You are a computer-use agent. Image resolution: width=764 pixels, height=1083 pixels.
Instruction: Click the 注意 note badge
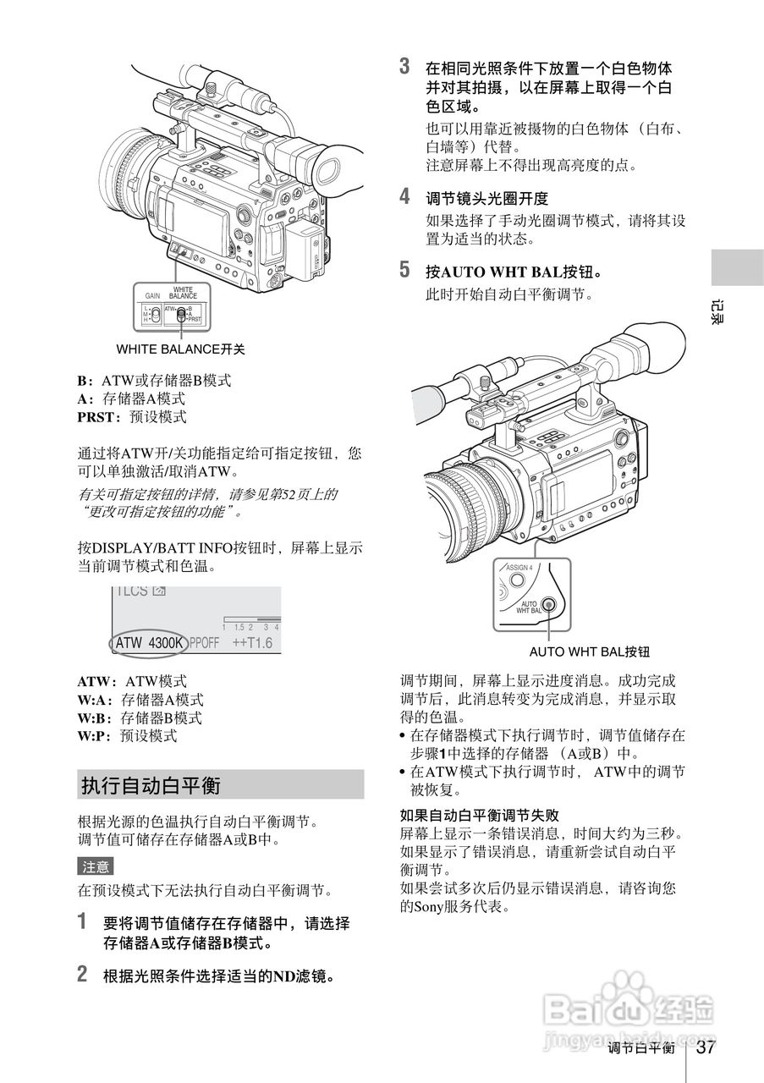pyautogui.click(x=95, y=866)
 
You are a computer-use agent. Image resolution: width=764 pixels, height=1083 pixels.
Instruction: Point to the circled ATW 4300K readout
pyautogui.click(x=149, y=643)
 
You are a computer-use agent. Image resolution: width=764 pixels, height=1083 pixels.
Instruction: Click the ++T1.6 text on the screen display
pyautogui.click(x=252, y=643)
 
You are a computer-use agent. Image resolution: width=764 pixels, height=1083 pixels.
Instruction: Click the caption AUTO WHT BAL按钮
pyautogui.click(x=589, y=651)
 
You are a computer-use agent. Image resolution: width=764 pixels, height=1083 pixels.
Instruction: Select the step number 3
pyautogui.click(x=404, y=66)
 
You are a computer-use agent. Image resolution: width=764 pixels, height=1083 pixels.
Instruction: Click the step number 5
pyautogui.click(x=404, y=271)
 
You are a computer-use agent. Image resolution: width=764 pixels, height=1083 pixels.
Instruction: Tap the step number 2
pyautogui.click(x=82, y=974)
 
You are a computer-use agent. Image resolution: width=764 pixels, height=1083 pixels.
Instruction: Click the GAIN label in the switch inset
pyautogui.click(x=152, y=297)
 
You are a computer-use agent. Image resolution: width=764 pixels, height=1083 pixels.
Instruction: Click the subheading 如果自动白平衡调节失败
pyautogui.click(x=479, y=816)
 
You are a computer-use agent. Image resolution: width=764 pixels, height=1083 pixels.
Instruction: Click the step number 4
pyautogui.click(x=404, y=197)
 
